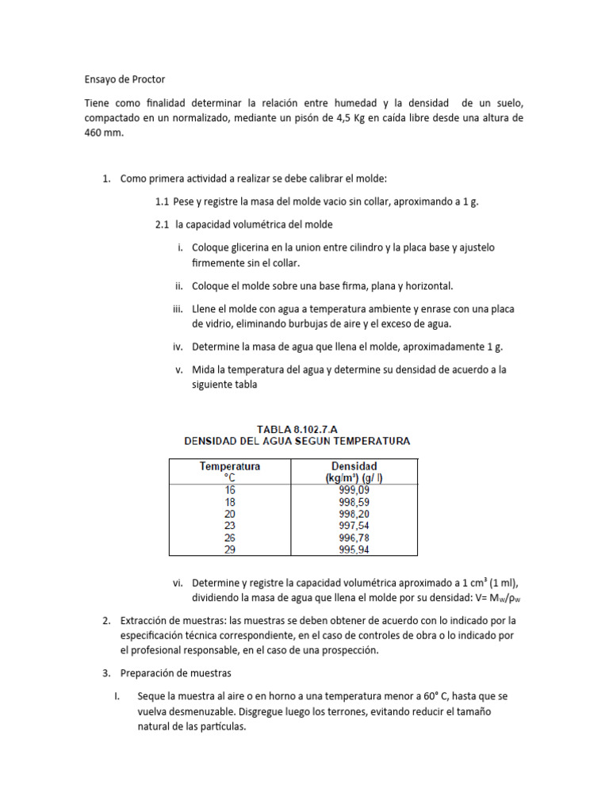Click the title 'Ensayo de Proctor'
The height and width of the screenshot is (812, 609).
click(x=124, y=79)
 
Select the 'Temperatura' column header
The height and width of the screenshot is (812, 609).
click(x=230, y=466)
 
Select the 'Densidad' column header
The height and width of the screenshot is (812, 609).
click(x=353, y=466)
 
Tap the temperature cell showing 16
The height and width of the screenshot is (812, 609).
click(x=230, y=489)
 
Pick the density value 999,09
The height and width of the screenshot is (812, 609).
click(x=353, y=489)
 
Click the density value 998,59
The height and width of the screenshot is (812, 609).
click(x=353, y=501)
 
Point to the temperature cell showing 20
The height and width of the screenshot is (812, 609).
click(x=230, y=513)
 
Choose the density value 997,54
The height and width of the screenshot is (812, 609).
click(x=353, y=525)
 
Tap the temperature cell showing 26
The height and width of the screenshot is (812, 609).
click(x=230, y=537)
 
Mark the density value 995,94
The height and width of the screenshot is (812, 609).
click(x=353, y=549)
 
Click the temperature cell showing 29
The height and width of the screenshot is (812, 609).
click(x=230, y=549)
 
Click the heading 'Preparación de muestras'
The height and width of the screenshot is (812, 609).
click(x=175, y=673)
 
